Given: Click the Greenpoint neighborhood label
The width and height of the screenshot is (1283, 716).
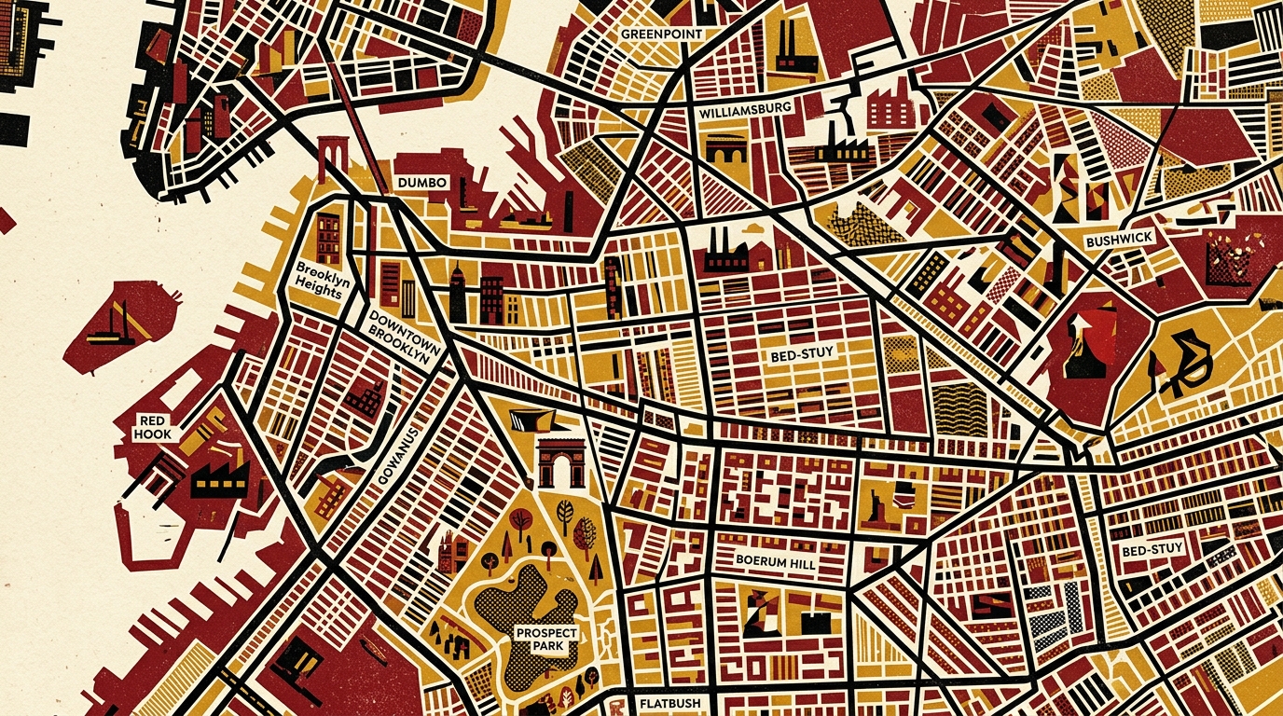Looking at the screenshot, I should pyautogui.click(x=661, y=34).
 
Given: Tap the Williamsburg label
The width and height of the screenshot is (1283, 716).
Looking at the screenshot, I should pyautogui.click(x=744, y=109).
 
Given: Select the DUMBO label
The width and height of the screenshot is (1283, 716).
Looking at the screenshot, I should pyautogui.click(x=422, y=183).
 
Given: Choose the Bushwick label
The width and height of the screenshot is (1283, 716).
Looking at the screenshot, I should pyautogui.click(x=1120, y=240).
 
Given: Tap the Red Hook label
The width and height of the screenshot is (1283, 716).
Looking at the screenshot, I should pyautogui.click(x=151, y=428).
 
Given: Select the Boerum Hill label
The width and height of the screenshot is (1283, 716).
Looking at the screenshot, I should pyautogui.click(x=775, y=563).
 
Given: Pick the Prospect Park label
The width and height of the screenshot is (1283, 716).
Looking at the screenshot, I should pyautogui.click(x=546, y=640).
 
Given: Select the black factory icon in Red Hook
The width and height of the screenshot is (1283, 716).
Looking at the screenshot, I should pyautogui.click(x=219, y=479).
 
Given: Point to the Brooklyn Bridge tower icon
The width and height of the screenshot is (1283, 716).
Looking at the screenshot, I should pyautogui.click(x=332, y=158).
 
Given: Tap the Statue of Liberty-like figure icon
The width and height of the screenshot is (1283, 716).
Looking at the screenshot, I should pyautogui.click(x=876, y=504).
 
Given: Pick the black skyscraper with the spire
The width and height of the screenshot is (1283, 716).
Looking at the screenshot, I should pyautogui.click(x=457, y=294).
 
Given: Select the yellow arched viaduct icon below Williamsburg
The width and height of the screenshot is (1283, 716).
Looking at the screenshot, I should pyautogui.click(x=726, y=149).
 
